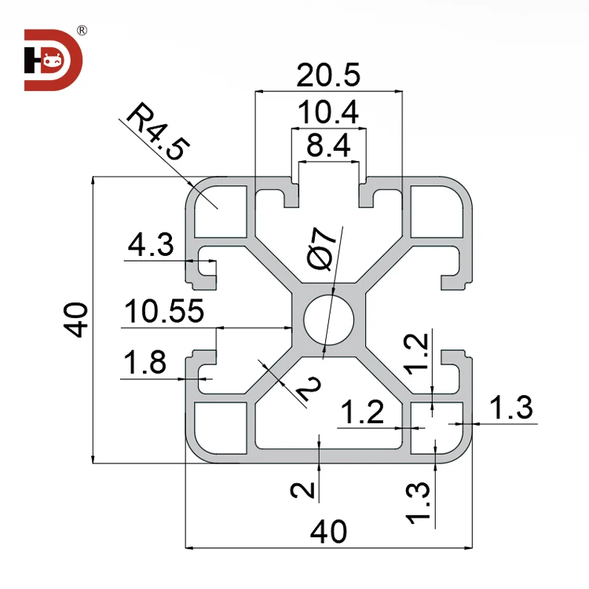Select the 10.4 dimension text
point(327,115)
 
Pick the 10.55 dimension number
point(163,311)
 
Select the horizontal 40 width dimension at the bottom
point(328,532)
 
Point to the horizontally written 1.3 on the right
point(511,408)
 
